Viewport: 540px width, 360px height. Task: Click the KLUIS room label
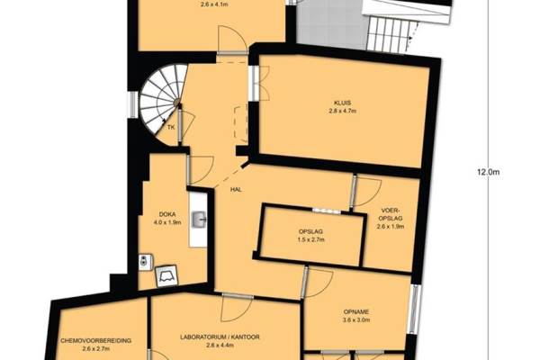[x=342, y=103]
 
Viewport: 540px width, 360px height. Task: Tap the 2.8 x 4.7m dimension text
[x=342, y=112]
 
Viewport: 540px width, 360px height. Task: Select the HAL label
[x=237, y=189]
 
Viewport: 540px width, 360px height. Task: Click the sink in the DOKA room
[x=198, y=218]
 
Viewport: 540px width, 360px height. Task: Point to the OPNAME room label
[x=355, y=310]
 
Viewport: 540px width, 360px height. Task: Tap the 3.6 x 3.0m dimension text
[x=355, y=319]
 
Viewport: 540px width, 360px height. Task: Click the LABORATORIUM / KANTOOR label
[x=220, y=335]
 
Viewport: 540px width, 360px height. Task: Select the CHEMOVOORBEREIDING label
[x=95, y=340]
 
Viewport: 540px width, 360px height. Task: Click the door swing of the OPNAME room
[x=318, y=285]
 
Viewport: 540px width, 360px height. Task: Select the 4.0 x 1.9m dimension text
[x=166, y=222]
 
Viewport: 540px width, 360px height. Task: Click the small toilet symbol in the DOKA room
[x=144, y=257]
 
